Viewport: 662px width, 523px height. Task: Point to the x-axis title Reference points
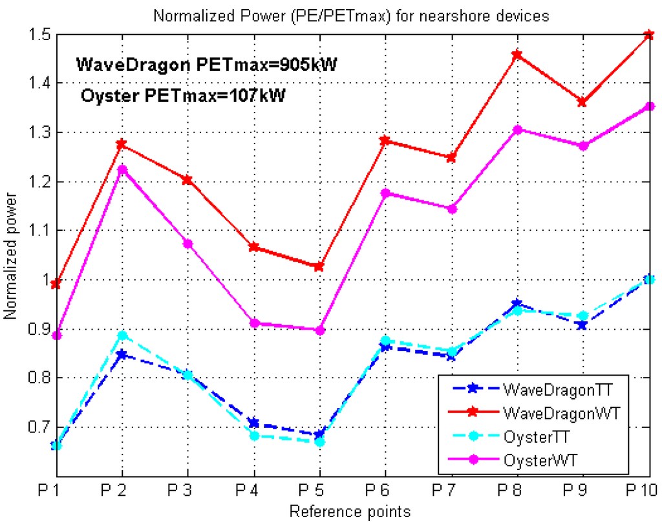[x=350, y=512]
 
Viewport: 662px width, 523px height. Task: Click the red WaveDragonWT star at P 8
[x=515, y=55]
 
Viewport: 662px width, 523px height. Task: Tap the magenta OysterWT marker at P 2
[x=122, y=170]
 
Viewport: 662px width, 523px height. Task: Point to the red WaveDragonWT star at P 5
[x=319, y=266]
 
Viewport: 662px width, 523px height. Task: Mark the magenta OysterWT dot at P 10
[x=649, y=107]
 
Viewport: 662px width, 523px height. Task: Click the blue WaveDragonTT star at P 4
[x=253, y=423]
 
